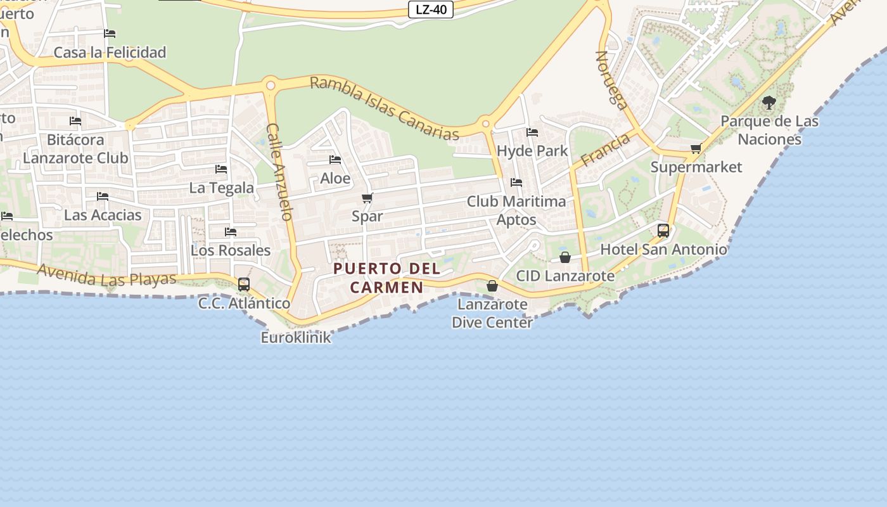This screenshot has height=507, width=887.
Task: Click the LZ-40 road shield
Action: point(431,10)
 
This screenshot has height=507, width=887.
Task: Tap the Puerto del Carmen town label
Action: point(386,278)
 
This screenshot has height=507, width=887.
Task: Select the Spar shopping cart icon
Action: point(367,198)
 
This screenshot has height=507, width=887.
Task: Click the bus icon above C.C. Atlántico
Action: point(244,285)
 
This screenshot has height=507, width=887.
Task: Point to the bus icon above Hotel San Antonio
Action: point(663,231)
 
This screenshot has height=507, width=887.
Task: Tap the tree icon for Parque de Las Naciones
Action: point(769,102)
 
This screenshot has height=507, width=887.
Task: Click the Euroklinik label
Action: point(296,337)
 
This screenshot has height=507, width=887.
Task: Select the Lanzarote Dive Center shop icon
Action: point(492,286)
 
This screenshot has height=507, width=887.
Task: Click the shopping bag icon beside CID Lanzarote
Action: point(565,257)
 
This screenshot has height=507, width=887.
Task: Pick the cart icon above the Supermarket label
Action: point(696,149)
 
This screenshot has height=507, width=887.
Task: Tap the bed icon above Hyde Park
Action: point(532,132)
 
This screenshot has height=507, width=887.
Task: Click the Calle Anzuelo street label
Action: point(279,171)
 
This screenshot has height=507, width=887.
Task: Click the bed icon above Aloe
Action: point(335,160)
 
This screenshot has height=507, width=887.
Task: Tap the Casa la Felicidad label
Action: point(110,53)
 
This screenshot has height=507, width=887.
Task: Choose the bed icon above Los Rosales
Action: point(231,232)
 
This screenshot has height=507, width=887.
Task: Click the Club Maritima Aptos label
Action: point(516,210)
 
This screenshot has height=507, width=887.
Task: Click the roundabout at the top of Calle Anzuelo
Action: point(271,85)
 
